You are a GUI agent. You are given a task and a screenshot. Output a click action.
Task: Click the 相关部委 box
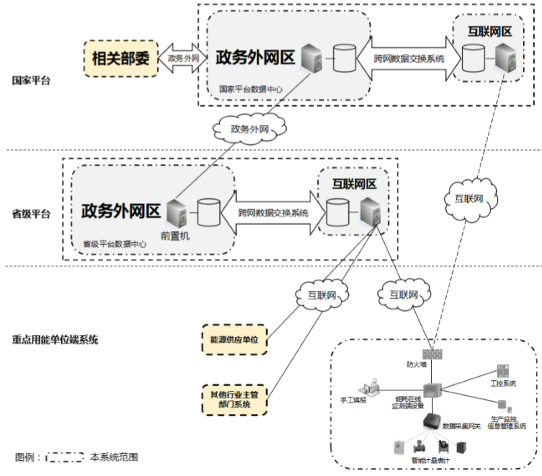(120, 58)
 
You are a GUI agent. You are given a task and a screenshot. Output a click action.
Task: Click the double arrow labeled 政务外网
(183, 59)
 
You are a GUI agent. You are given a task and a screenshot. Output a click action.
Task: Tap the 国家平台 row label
(31, 80)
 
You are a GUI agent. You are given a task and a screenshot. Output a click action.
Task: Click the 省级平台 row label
(31, 214)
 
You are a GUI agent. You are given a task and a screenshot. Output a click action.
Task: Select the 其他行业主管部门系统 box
(235, 398)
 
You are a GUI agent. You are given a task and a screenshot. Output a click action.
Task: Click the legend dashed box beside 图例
(65, 456)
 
